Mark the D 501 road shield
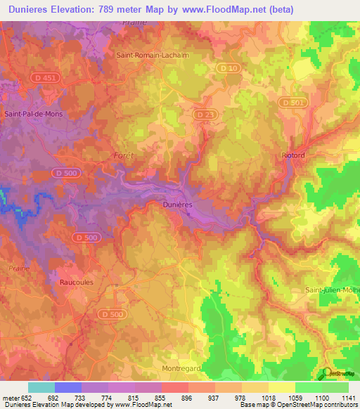292,102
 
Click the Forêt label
123,154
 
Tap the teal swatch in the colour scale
41,387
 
